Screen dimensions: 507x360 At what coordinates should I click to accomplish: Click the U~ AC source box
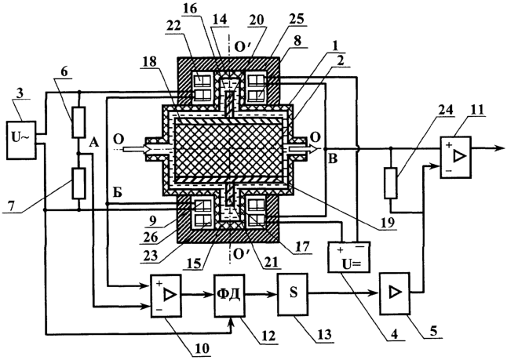(x=21, y=140)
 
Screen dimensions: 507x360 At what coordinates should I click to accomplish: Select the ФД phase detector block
(x=230, y=295)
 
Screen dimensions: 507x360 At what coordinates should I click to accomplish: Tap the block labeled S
(x=293, y=294)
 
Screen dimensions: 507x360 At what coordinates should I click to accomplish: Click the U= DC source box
(x=349, y=257)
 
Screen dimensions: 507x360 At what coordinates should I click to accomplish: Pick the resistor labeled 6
(x=79, y=122)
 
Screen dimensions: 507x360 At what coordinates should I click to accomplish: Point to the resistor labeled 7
(x=79, y=183)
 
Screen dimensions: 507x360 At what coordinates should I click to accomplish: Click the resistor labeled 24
(x=391, y=183)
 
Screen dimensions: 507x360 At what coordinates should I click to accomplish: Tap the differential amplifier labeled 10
(x=166, y=296)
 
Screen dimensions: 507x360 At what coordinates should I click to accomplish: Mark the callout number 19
(x=387, y=223)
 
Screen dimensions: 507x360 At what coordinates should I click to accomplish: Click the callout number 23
(x=151, y=256)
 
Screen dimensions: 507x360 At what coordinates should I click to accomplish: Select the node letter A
(x=93, y=142)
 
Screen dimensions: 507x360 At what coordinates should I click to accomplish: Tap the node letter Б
(x=118, y=193)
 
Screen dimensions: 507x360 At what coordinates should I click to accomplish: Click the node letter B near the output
(x=333, y=159)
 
